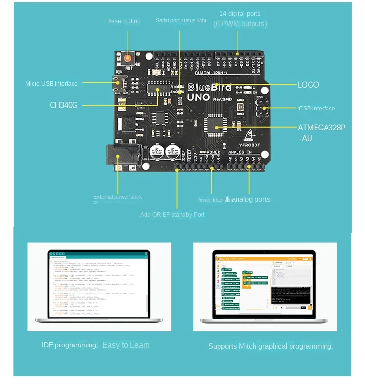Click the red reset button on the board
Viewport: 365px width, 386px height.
coord(128,58)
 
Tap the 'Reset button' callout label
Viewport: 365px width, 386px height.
coord(124,21)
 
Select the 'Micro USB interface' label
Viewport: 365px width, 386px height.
coord(51,84)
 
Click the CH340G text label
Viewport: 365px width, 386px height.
coord(63,105)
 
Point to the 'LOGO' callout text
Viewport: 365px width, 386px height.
coord(308,85)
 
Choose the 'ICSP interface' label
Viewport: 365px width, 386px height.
coord(316,109)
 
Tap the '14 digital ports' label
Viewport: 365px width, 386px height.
coord(240,14)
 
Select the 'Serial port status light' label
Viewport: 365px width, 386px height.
coord(181,21)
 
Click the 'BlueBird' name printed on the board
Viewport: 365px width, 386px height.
coord(210,88)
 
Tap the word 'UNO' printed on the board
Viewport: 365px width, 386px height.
coord(199,97)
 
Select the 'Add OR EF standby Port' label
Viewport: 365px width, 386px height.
coord(172,215)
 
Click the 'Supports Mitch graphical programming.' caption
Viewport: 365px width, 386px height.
coord(271,346)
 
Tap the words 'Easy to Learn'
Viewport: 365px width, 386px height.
coord(126,345)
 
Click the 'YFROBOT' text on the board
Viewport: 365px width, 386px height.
coord(249,145)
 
